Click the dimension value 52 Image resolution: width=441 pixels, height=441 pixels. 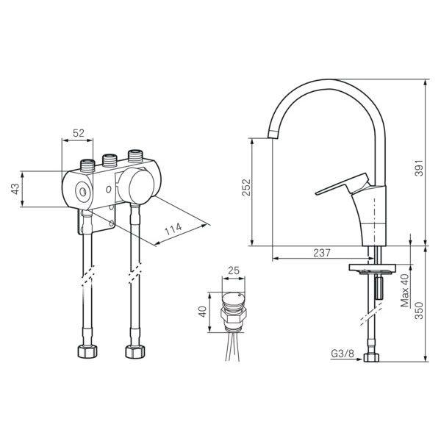pos(79,133)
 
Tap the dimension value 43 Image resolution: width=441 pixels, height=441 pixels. pos(15,189)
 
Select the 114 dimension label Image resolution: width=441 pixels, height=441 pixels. pos(173,229)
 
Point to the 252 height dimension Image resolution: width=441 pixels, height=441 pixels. pos(246,187)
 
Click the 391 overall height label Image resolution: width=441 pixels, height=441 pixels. pos(419,168)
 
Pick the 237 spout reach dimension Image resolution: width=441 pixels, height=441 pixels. pos(322,253)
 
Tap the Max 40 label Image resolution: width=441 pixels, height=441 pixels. pos(405,290)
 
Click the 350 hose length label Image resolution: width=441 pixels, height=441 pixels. pos(419,310)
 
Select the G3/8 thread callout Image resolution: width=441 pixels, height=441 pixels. pos(343,354)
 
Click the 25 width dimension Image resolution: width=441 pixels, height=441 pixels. pos(234,270)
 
